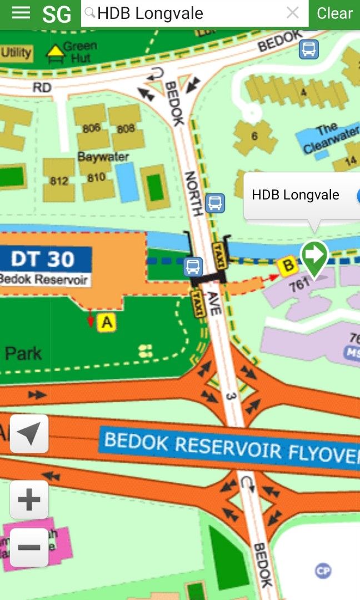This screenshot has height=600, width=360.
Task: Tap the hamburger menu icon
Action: click(x=21, y=13)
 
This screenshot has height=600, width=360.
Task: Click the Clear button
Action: click(x=334, y=13)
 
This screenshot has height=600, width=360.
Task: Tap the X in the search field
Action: click(x=292, y=13)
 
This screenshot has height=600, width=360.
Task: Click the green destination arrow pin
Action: click(x=314, y=257)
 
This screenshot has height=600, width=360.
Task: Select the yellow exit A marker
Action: click(x=107, y=322)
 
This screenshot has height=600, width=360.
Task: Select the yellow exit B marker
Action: click(x=288, y=266)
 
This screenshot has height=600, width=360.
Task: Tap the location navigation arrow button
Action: click(x=29, y=433)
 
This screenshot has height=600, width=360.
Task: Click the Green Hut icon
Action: click(x=55, y=52)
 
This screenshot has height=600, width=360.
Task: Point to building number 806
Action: click(x=91, y=128)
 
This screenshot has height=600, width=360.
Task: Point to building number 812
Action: click(x=58, y=181)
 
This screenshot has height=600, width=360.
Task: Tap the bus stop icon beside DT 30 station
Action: click(x=193, y=267)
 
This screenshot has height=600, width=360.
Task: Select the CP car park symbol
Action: click(x=323, y=571)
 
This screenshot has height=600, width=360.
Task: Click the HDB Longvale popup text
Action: click(x=295, y=195)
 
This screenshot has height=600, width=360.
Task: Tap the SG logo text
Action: click(x=57, y=14)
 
